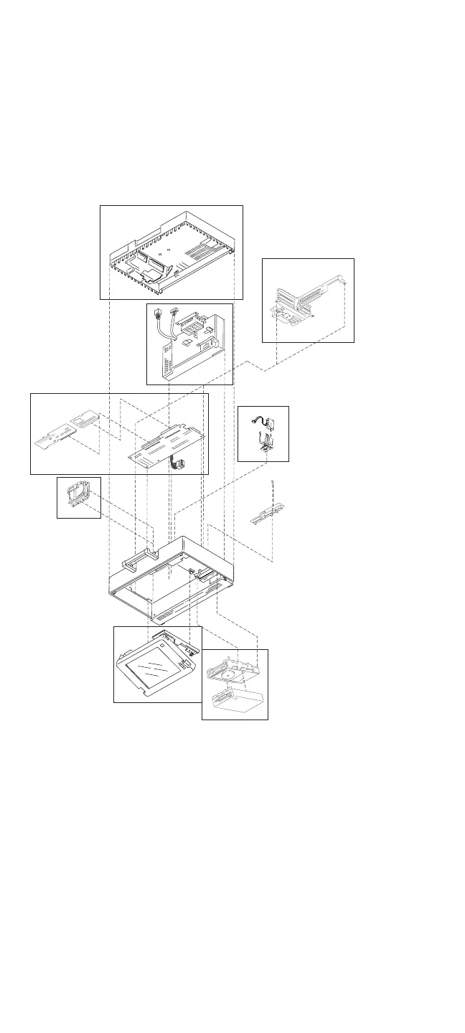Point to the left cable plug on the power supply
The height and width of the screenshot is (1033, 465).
[158, 313]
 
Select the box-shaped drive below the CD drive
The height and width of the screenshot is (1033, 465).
[235, 700]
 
